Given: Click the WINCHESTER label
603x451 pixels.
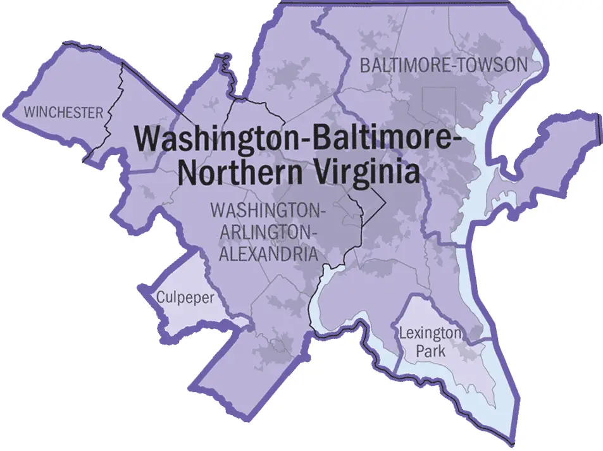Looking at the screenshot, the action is tap(63, 113).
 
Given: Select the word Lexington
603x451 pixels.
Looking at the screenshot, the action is tap(430, 333).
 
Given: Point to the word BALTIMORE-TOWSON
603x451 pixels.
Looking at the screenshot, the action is tap(443, 65).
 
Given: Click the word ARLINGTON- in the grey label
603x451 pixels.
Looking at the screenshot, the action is tap(266, 232).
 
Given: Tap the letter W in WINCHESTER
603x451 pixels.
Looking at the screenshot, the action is tap(28, 113).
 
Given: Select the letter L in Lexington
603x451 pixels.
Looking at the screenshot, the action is tap(402, 333).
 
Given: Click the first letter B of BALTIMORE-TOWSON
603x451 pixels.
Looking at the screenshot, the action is tap(365, 65).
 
